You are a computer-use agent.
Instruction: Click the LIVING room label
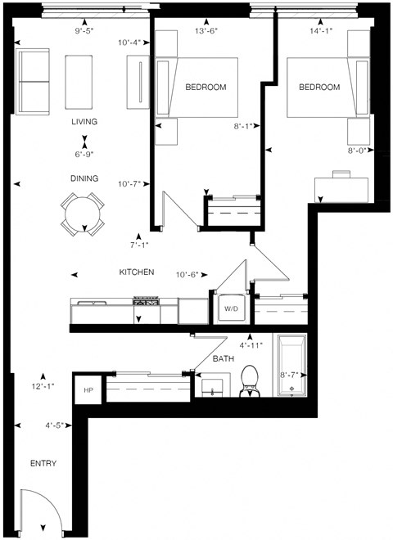coord(84,122)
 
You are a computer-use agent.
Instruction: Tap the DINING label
coord(84,178)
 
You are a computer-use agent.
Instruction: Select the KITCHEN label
coord(137,272)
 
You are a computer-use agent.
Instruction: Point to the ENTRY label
coord(43,464)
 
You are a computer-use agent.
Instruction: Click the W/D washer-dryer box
coord(229,308)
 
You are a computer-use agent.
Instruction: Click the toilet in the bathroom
coord(250,382)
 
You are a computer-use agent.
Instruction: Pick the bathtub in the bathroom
coord(291,366)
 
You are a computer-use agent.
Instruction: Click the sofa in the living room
coord(33,82)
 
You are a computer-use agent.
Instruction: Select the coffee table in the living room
coord(80,82)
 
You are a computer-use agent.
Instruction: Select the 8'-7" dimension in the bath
coord(291,375)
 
